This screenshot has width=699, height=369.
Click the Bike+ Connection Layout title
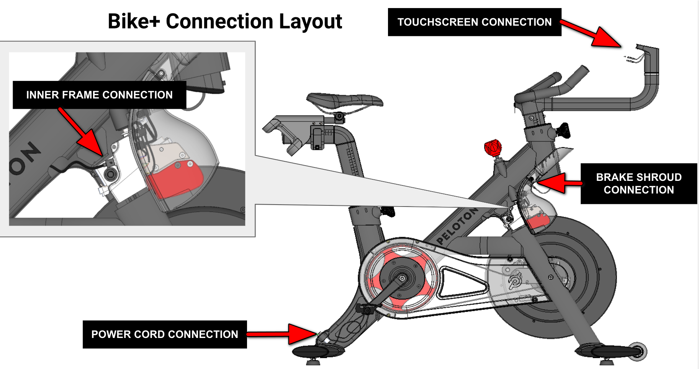pos(225,21)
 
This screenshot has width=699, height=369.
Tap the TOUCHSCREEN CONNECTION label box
pos(474,22)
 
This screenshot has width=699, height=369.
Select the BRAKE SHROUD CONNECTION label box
pos(638,184)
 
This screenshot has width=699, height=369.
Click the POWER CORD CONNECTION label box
pos(165,334)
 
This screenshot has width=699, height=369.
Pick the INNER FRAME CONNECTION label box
pos(99,95)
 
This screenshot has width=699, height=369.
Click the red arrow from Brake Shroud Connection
pos(559,182)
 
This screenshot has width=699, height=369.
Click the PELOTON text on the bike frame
pos(457,226)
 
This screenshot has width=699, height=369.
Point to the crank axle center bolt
pos(402,278)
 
